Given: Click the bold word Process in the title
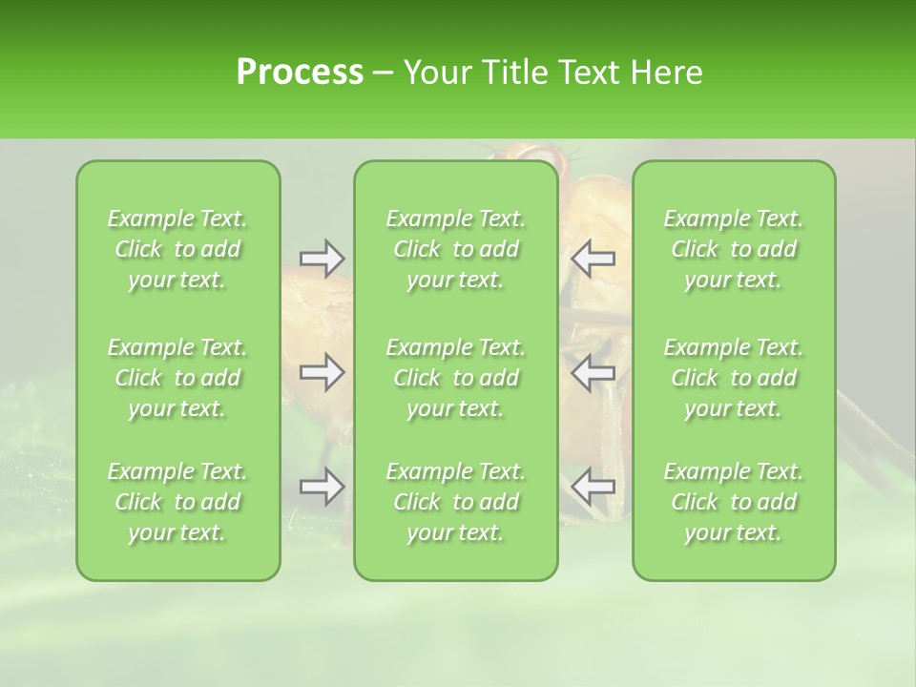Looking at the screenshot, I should coord(300,73).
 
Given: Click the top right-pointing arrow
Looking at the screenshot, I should coord(323,259).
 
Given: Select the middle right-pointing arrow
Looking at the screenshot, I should coord(323,372).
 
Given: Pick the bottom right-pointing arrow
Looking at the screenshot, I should coord(323,488).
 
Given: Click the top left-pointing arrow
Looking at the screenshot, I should coord(593,259).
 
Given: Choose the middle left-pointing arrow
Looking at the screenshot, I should coord(593,372).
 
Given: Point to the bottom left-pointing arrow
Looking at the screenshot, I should coord(593,488).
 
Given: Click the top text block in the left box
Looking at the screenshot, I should coord(177,249).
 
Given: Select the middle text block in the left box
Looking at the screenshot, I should coord(177,378).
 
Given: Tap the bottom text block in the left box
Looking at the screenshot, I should coord(177,502).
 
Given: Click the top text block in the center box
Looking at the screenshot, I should coord(456,249).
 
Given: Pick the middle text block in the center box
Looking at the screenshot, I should coord(456,378).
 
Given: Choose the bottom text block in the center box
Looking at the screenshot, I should coord(456,502).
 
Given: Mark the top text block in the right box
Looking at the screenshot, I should coord(734,249).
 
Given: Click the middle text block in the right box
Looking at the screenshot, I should coord(734,378).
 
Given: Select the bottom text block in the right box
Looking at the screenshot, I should coord(734,502).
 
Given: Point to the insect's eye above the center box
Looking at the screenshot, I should coord(542,153).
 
